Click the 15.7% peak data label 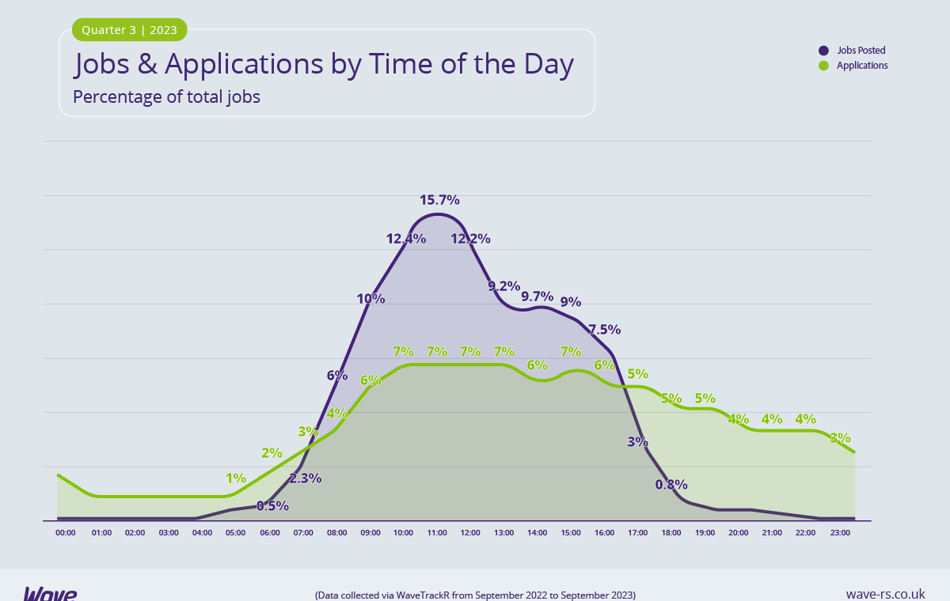(439, 200)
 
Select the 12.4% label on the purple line (406, 238)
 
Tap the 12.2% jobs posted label (470, 238)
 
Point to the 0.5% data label (272, 505)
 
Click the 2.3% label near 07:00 (305, 478)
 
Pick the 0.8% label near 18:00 (671, 484)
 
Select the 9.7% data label (537, 297)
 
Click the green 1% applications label (236, 478)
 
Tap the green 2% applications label (272, 453)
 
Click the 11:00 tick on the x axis (437, 533)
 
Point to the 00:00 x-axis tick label (66, 533)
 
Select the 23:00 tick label (840, 533)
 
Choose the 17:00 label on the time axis (638, 533)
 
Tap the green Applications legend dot (823, 66)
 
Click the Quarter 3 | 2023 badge (130, 30)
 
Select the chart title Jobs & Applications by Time (324, 64)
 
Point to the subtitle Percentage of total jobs (167, 97)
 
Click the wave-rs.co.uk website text (885, 594)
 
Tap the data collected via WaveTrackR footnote (475, 595)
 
